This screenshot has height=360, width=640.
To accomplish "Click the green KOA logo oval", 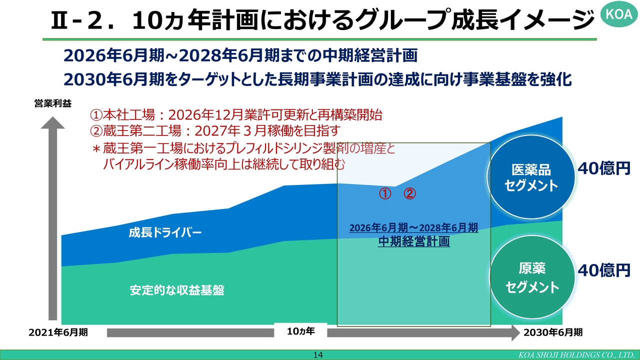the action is coord(619,13).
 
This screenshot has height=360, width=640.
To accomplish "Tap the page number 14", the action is coord(318,355).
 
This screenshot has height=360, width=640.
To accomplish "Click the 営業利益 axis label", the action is coord(53,103).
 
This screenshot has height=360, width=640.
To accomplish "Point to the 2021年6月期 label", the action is coord(58,332).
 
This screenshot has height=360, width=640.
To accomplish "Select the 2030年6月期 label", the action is coord(553,332).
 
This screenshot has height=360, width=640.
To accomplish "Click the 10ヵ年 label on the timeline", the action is coord(300,331).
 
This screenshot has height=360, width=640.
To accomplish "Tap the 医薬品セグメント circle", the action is coord(531,177).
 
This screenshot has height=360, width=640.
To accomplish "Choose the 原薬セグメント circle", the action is coord(532,277).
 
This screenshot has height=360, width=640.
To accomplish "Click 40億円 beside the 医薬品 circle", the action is coord(604,168).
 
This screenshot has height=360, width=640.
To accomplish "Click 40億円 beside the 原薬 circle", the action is coord(604,270).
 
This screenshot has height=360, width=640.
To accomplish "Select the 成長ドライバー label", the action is coord(165,232).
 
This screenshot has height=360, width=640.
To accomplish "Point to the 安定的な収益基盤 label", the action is coord(177,290).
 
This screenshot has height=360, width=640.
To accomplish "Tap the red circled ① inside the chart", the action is coord(385,193).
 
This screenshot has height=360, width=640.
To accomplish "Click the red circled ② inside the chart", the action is coord(409,193).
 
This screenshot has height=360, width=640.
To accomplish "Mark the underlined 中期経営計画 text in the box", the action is coord(414,241).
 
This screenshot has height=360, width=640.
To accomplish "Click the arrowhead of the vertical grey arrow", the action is coord(53,122).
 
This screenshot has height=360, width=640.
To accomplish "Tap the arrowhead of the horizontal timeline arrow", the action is coord(515,332).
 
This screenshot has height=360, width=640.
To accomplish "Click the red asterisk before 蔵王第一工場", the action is coord(96,149).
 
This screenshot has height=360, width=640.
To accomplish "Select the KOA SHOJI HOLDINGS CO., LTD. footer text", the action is coord(577,355).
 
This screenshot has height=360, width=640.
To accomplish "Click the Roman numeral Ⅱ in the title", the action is coord(59,20).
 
